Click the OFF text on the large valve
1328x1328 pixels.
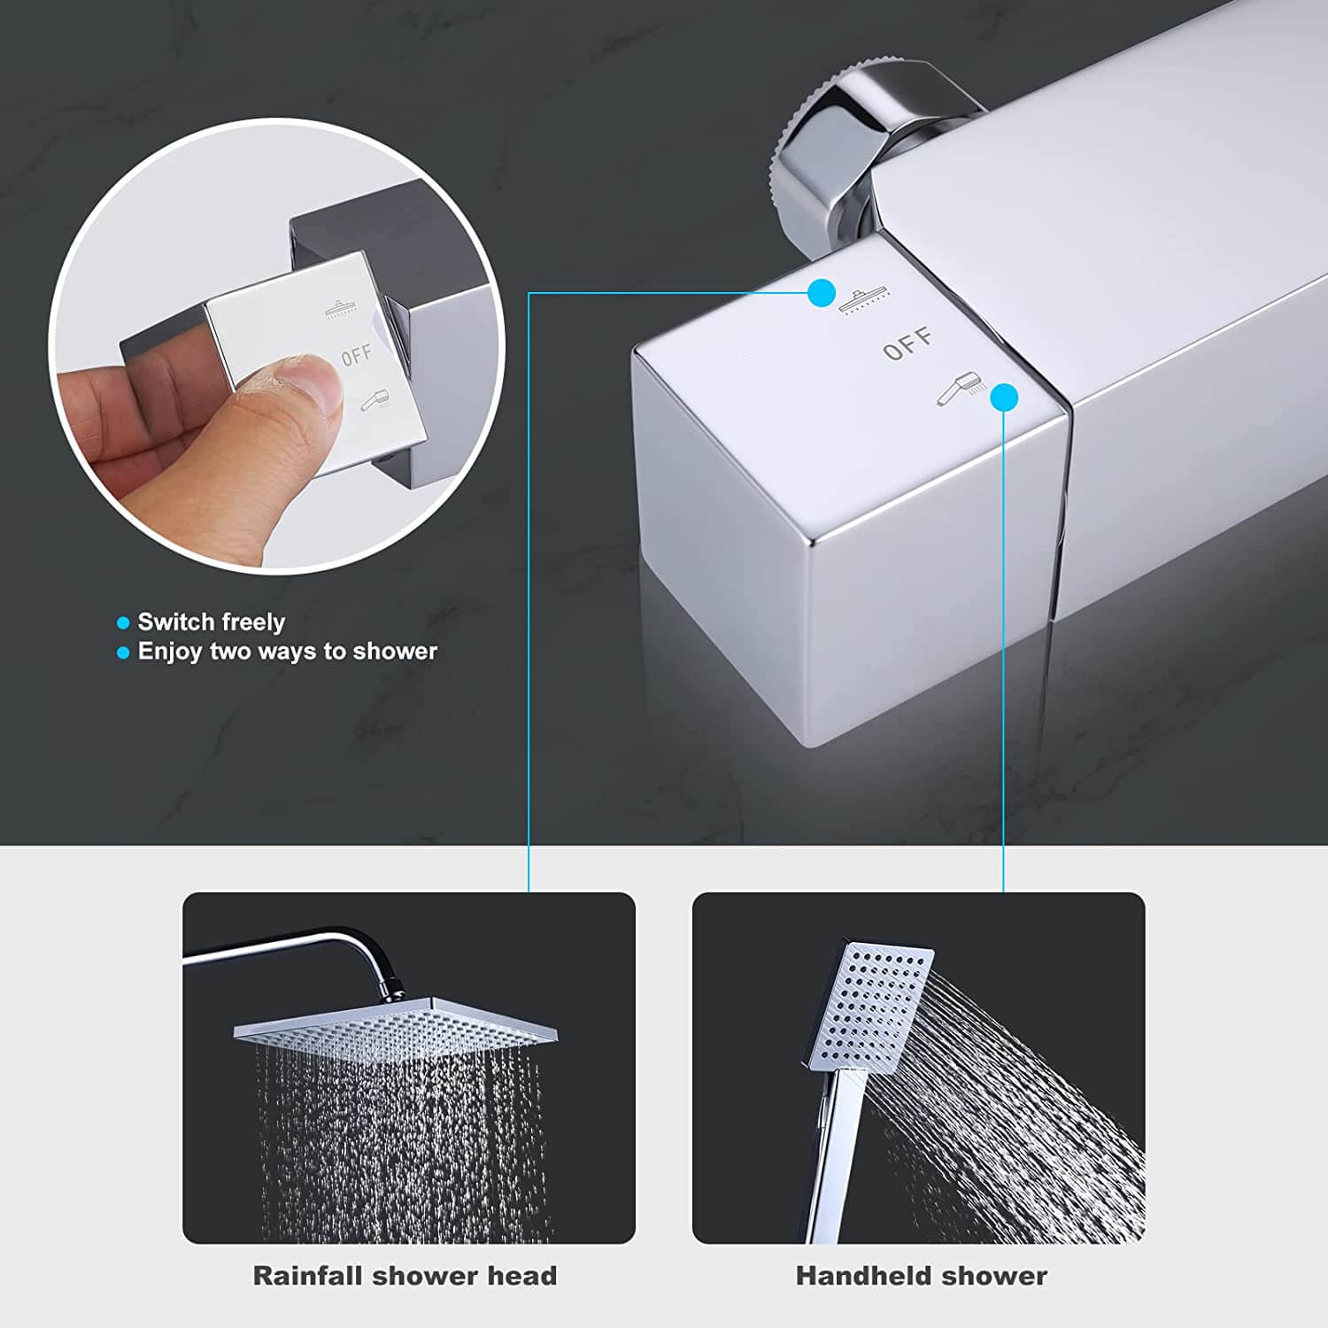[x=907, y=344]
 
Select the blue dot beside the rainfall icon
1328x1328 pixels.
[x=822, y=293]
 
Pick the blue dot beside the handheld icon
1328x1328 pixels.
[x=1004, y=398]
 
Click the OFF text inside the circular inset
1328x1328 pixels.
[x=357, y=356]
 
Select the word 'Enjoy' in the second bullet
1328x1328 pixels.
[x=170, y=652]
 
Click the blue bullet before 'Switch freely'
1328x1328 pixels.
[x=123, y=623]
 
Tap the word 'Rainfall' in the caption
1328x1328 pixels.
[x=308, y=1276]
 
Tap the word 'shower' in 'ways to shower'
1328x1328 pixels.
[x=395, y=652]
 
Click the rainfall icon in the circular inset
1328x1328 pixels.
[x=342, y=308]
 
